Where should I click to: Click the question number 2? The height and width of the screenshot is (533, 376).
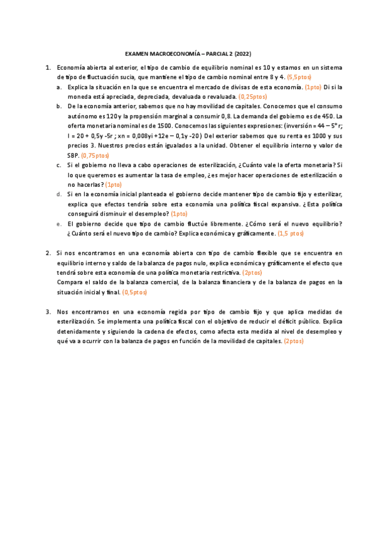click(x=48, y=253)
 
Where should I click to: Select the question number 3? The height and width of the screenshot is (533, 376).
click(x=48, y=312)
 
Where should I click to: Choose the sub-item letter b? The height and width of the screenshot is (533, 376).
click(x=59, y=106)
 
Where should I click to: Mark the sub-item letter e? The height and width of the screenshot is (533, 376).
click(x=59, y=223)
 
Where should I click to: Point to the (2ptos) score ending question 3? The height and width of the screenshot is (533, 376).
click(x=294, y=341)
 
